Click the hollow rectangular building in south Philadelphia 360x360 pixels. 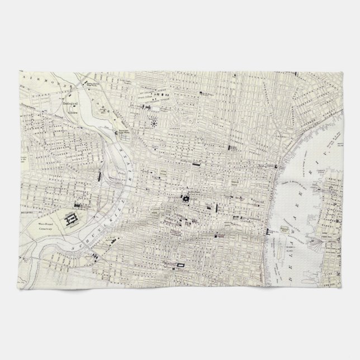pos(180,263)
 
